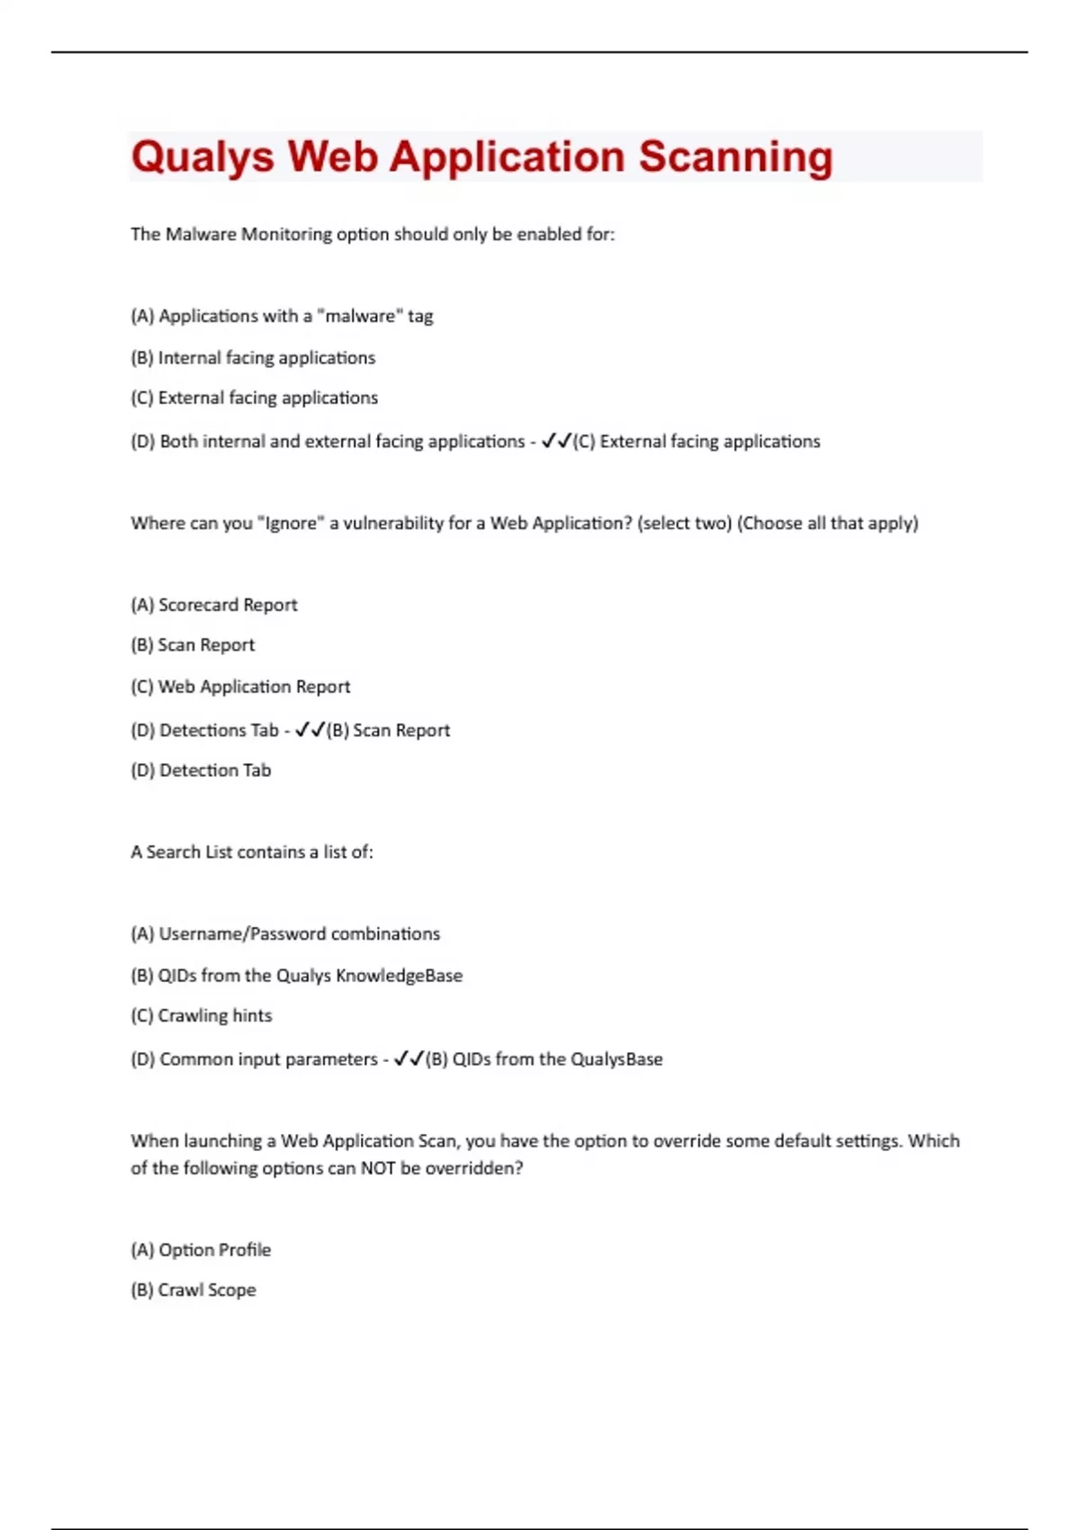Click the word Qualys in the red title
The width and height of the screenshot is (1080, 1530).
point(202,157)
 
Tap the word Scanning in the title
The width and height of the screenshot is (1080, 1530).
point(735,157)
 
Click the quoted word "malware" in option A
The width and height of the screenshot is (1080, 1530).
point(360,316)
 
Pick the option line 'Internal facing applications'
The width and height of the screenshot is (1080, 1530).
point(253,357)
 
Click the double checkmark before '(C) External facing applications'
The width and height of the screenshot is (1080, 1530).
point(556,441)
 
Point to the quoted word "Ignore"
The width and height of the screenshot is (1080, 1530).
point(290,523)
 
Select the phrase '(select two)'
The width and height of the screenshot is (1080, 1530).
point(684,523)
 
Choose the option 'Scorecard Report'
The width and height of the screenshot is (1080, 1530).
point(228,605)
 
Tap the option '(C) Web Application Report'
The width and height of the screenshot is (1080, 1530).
point(240,687)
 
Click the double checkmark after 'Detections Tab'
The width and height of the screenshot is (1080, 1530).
point(310,730)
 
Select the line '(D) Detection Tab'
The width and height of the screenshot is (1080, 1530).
point(201,770)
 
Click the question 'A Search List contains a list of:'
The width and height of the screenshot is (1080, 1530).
point(252,851)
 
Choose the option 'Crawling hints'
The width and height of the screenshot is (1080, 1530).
point(215,1015)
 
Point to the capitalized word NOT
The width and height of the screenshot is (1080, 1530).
point(378,1168)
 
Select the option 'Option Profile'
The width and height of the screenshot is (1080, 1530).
point(214,1249)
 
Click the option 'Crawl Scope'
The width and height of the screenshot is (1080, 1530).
point(207,1290)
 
